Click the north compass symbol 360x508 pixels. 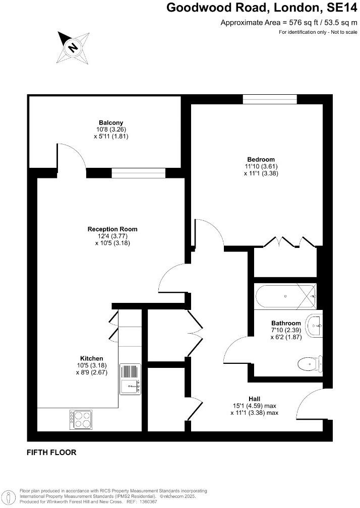(73, 47)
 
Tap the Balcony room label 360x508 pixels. (111, 122)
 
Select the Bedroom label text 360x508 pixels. (261, 159)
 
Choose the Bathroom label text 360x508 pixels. (286, 323)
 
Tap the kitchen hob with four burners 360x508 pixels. (81, 419)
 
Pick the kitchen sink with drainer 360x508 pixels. (130, 378)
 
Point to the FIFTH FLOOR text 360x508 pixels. (51, 453)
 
